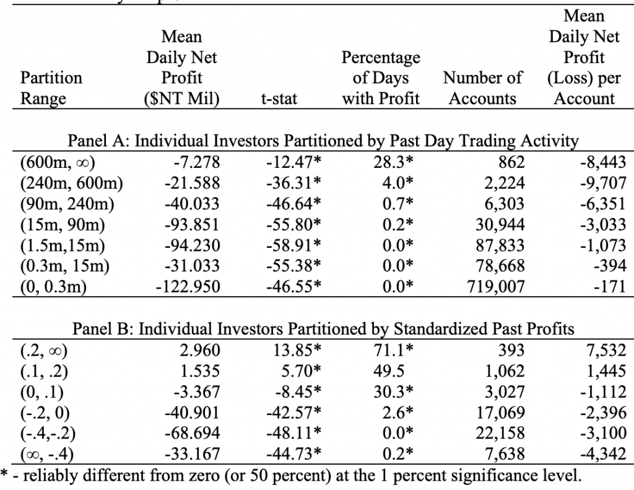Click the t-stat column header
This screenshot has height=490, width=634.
point(279,98)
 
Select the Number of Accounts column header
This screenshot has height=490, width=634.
point(482,88)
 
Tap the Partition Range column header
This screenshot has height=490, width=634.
point(51,88)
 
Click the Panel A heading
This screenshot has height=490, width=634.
point(323,141)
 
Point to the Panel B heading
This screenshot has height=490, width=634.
point(323,328)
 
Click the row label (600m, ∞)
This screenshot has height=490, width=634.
point(58,162)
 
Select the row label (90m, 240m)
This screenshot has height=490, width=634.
point(67,204)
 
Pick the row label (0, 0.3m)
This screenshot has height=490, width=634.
point(53,286)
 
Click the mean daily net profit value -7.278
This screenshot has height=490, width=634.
point(197,162)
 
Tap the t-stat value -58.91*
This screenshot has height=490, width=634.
point(293,245)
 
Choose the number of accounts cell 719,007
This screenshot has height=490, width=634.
point(496,286)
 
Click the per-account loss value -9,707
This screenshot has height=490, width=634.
point(603,183)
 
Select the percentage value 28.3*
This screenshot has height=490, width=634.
point(393,162)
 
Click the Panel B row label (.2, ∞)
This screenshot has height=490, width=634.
point(44,351)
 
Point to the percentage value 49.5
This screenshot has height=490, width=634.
point(389,371)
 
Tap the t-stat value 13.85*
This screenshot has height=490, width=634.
point(297,351)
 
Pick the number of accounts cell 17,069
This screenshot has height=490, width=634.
point(500,413)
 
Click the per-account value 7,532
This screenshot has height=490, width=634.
point(606,351)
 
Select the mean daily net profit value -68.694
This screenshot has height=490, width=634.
point(193,433)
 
